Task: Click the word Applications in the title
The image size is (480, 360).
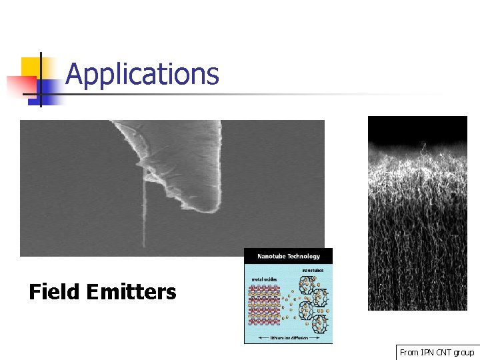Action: click(x=142, y=74)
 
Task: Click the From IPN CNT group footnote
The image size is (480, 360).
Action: click(x=437, y=352)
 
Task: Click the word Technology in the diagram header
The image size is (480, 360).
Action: click(x=304, y=256)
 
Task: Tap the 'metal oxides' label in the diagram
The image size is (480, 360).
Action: click(x=261, y=279)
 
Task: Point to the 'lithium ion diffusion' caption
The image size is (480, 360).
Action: click(x=287, y=339)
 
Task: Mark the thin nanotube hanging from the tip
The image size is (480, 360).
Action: click(x=143, y=213)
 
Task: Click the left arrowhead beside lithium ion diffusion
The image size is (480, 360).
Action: click(x=249, y=339)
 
